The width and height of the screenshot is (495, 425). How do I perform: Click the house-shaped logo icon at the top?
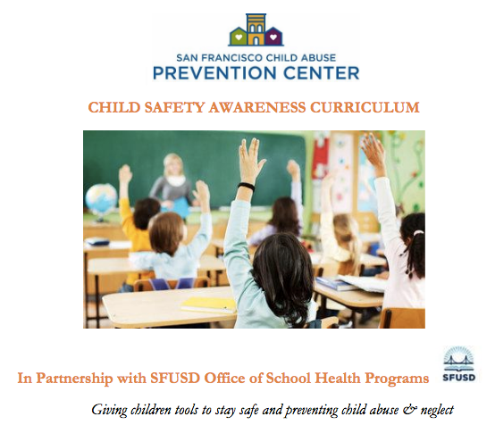point(256,31)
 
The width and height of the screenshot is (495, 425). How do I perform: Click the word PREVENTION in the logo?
point(213,72)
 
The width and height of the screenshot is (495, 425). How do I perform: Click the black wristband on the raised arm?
point(247,187)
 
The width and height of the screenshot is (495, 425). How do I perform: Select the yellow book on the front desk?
point(208,304)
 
